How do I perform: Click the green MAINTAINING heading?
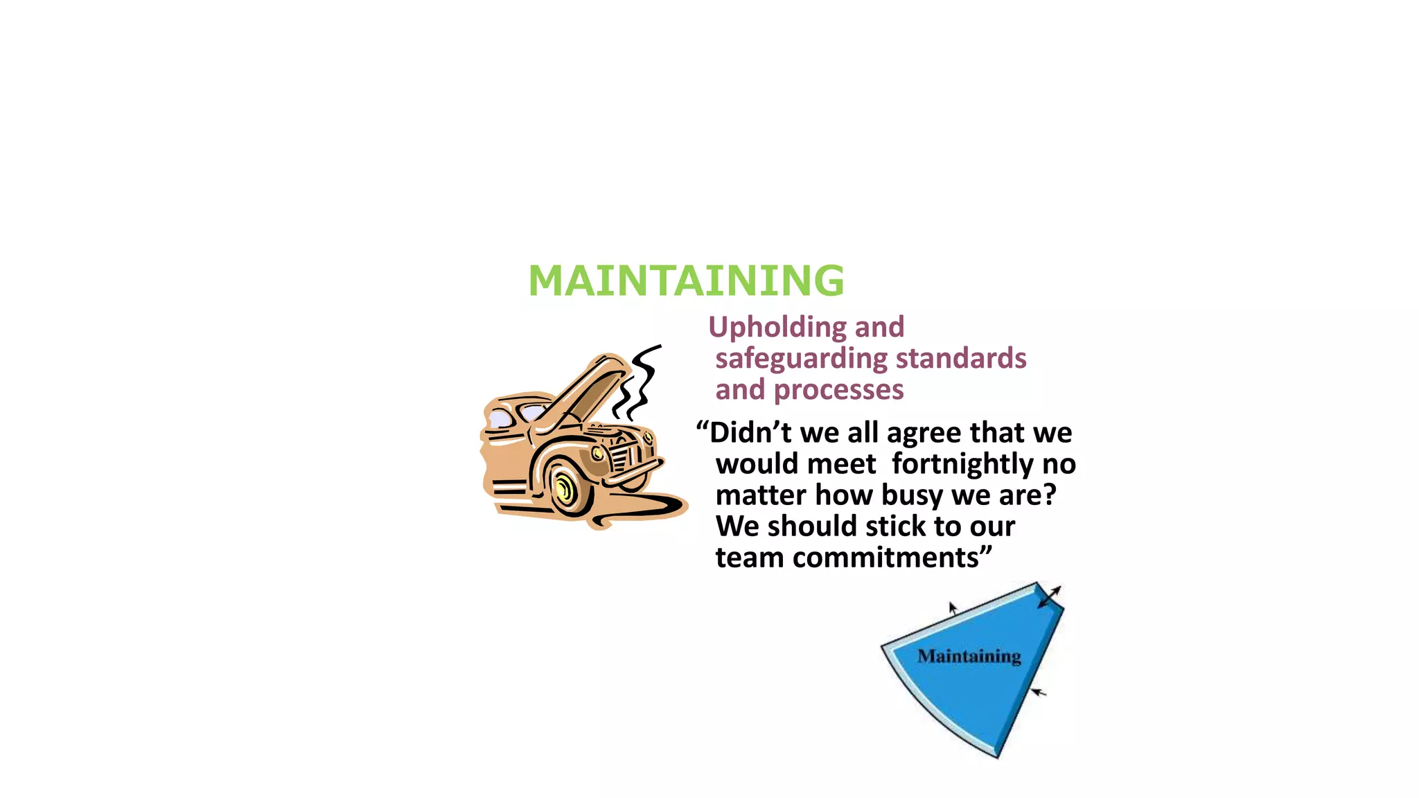tap(686, 281)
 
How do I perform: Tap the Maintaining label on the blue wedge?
tap(969, 656)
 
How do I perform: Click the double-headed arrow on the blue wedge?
tap(1050, 597)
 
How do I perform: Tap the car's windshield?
tap(534, 413)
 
